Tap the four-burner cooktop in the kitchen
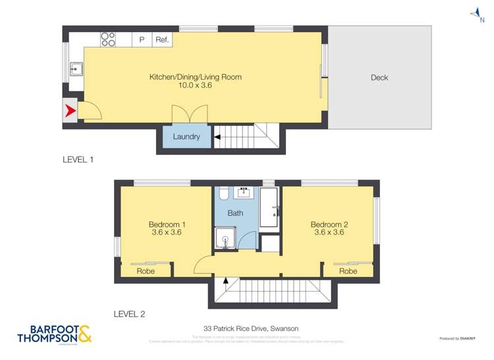tap(108, 39)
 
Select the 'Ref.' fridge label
tap(162, 40)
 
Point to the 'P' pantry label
tap(142, 40)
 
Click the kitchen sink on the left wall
tap(76, 67)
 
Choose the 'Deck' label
tap(379, 78)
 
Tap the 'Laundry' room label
tap(186, 137)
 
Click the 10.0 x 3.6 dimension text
tap(195, 86)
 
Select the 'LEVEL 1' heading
tap(79, 159)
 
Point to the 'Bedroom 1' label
tap(166, 224)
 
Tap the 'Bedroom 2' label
tap(329, 224)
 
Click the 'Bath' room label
tap(235, 213)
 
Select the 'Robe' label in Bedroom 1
tap(146, 271)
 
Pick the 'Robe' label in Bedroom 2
tap(348, 271)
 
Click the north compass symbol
tap(475, 13)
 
